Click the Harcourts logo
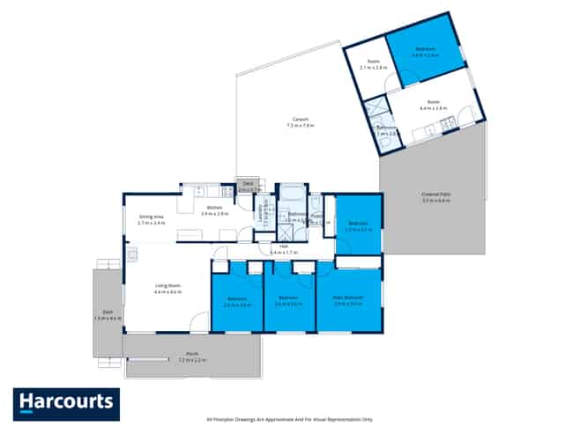65,403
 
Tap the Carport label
301,122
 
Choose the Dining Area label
152,220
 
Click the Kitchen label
215,210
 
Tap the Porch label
192,358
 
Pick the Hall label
285,249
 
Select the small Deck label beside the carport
249,186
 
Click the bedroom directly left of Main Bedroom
289,300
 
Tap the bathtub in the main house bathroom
291,194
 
